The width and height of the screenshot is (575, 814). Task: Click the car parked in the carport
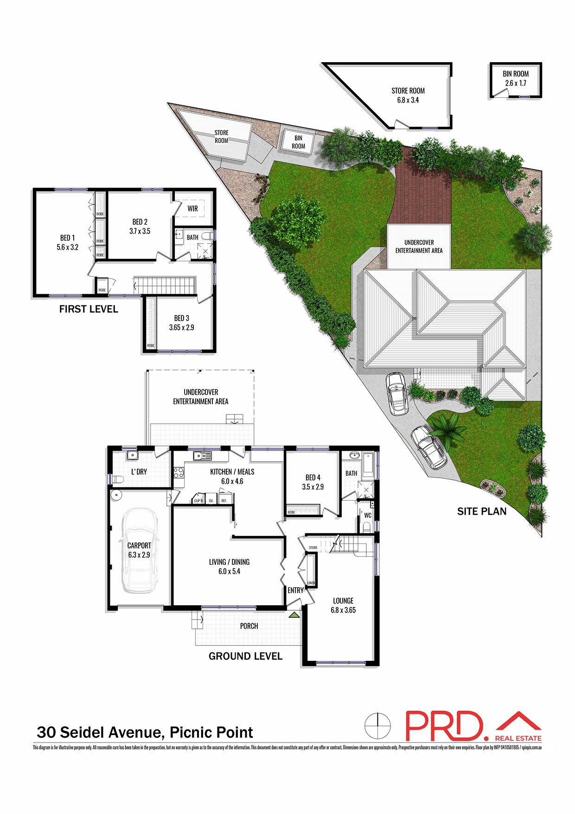click(139, 550)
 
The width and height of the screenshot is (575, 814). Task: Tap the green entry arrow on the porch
click(294, 615)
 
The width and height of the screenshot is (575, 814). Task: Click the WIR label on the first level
click(193, 209)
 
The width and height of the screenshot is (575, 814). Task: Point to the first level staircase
click(166, 285)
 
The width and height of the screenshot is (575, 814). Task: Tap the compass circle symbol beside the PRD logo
click(377, 725)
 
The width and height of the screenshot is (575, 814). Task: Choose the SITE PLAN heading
click(482, 511)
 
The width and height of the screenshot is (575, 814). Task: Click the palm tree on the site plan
click(447, 431)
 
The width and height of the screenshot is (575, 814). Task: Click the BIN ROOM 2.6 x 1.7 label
click(516, 78)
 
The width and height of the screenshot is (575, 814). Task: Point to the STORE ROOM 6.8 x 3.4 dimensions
click(408, 100)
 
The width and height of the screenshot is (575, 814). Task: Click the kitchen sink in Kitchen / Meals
click(203, 456)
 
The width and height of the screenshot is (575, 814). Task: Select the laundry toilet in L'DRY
click(118, 479)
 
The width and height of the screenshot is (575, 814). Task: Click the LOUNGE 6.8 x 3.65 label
click(343, 605)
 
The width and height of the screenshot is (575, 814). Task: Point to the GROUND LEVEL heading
click(245, 656)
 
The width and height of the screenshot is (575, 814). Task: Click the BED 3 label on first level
click(182, 323)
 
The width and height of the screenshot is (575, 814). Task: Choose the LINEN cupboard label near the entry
click(311, 583)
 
